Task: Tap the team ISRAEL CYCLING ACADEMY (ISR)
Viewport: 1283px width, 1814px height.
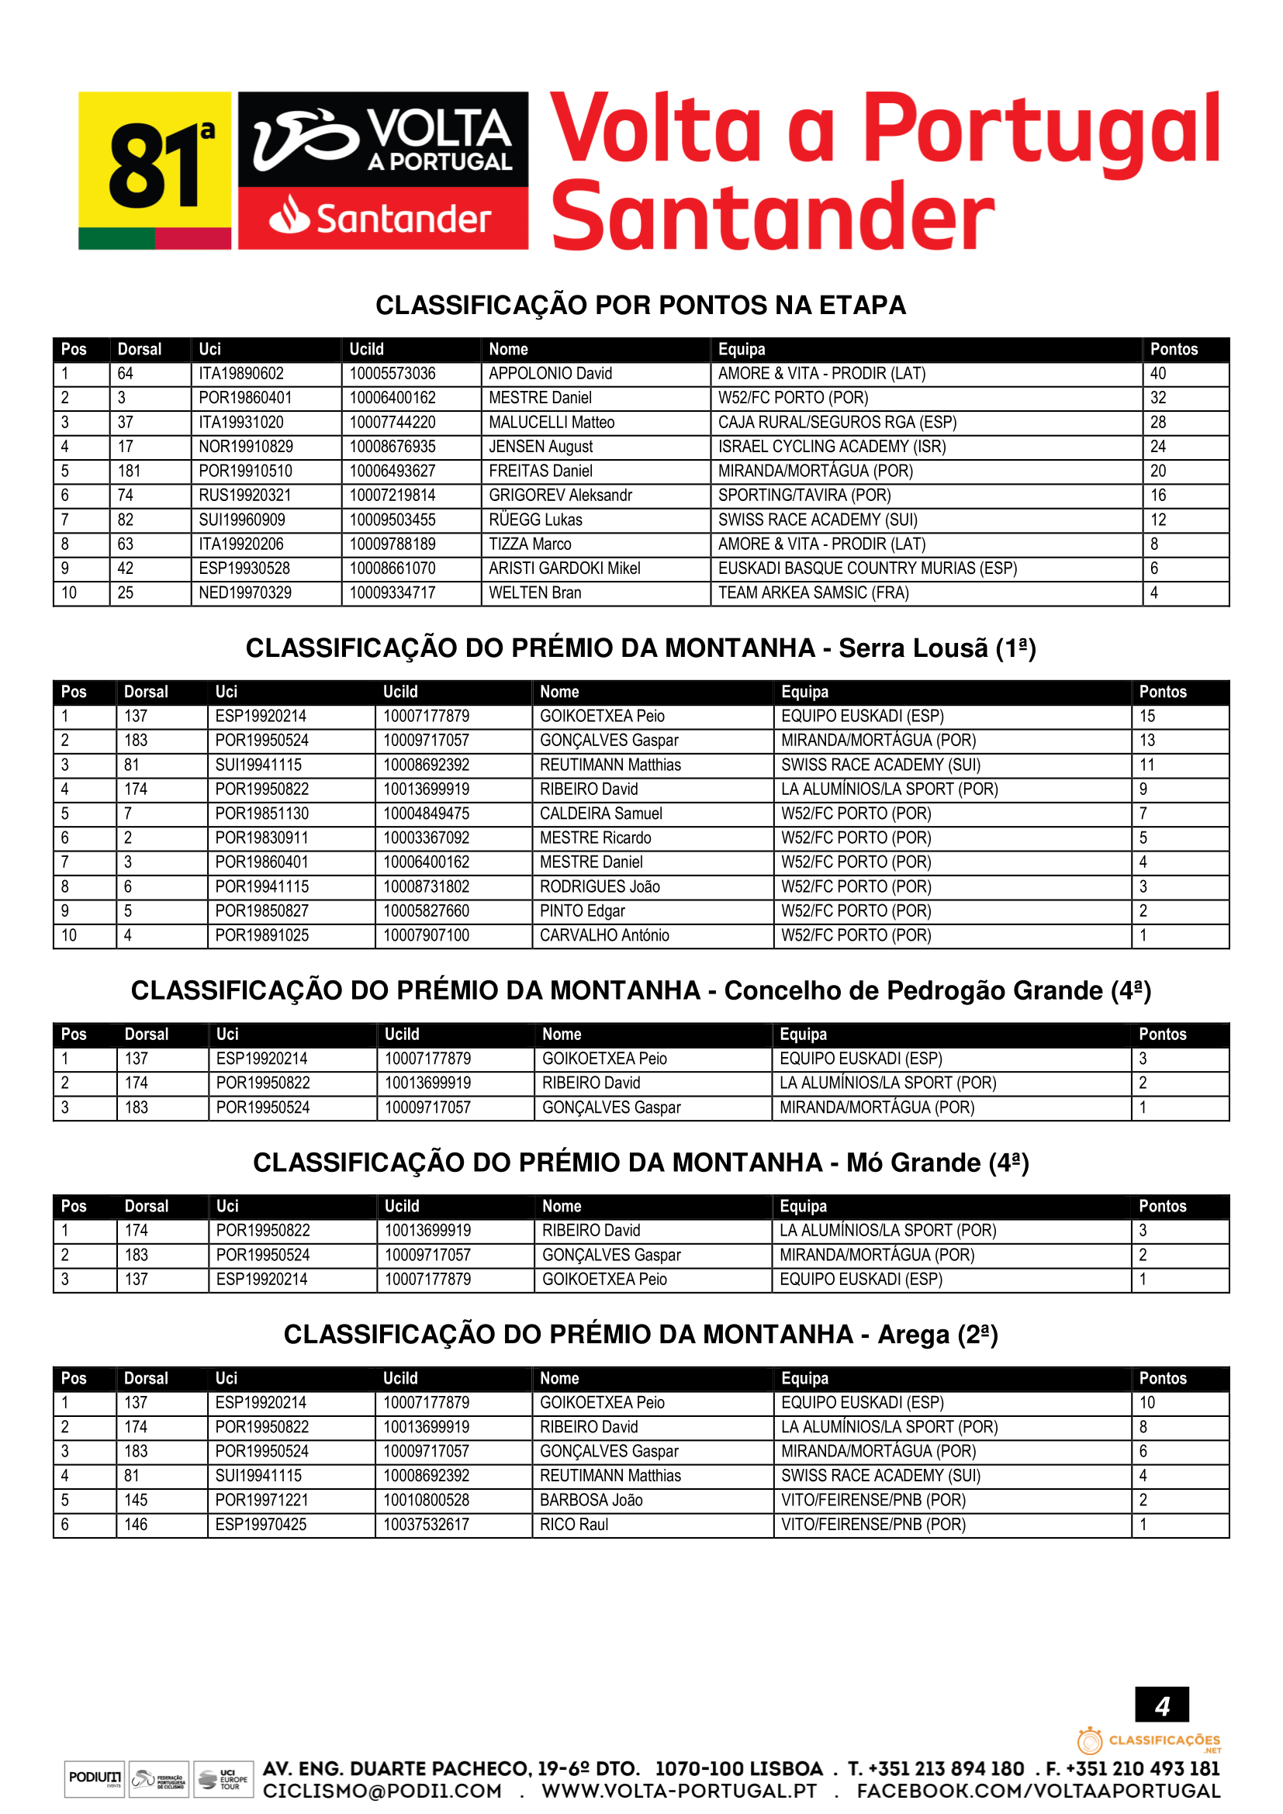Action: pyautogui.click(x=831, y=447)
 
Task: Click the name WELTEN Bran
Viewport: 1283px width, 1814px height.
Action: pyautogui.click(x=535, y=593)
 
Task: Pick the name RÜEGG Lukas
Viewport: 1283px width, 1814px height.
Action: pyautogui.click(x=536, y=520)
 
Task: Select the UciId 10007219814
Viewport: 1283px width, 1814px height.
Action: pyautogui.click(x=393, y=496)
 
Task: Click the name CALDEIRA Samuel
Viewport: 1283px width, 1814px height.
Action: pyautogui.click(x=600, y=814)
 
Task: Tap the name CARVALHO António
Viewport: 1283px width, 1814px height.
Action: pyautogui.click(x=603, y=935)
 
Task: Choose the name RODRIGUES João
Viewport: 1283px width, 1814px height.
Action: pyautogui.click(x=600, y=887)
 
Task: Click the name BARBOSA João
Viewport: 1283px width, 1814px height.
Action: pyautogui.click(x=591, y=1501)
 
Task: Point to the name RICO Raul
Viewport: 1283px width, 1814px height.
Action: pyautogui.click(x=573, y=1525)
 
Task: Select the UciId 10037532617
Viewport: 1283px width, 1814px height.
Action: pyautogui.click(x=426, y=1525)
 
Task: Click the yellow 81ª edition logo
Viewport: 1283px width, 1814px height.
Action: pyautogui.click(x=155, y=171)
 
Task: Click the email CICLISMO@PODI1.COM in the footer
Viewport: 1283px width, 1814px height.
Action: pyautogui.click(x=382, y=1791)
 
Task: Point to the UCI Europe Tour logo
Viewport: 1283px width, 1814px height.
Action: pyautogui.click(x=223, y=1779)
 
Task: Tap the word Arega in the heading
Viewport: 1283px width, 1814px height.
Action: pyautogui.click(x=913, y=1335)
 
